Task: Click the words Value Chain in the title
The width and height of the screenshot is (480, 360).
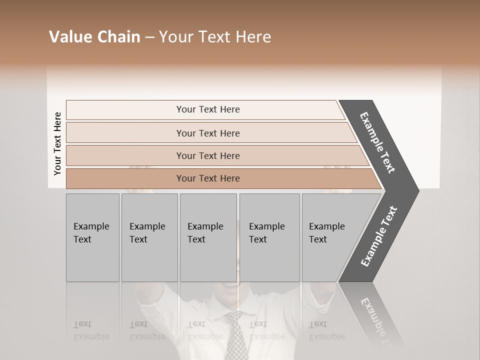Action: (94, 37)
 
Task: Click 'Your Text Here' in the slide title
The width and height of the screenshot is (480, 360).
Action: (215, 37)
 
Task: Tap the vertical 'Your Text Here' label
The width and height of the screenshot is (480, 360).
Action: (57, 144)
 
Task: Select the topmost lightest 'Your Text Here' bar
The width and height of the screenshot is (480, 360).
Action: (207, 109)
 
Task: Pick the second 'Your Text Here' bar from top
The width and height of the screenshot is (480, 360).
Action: (208, 133)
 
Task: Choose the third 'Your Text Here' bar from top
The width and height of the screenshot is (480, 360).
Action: (208, 155)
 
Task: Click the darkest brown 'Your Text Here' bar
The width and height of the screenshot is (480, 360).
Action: (208, 178)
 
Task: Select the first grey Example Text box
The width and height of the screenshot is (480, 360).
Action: (92, 237)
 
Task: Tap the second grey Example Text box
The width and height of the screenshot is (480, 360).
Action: (149, 237)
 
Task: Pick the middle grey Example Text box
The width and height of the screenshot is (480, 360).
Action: (208, 237)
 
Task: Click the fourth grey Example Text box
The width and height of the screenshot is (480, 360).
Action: (269, 237)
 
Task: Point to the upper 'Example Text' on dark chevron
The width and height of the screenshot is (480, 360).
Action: (378, 142)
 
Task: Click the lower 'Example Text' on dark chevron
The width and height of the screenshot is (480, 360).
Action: (379, 236)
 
